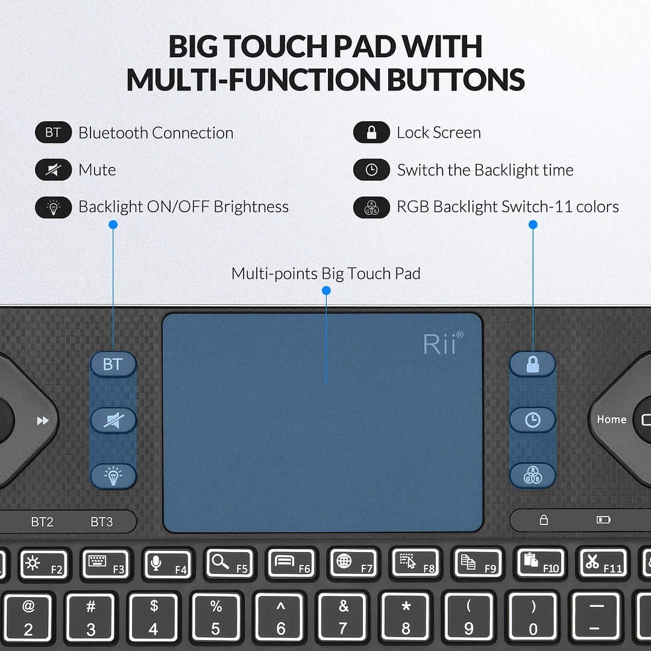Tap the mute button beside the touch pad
click(x=113, y=421)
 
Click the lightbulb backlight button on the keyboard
click(x=113, y=476)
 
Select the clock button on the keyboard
click(x=532, y=420)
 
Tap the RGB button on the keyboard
click(x=532, y=476)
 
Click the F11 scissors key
click(x=601, y=564)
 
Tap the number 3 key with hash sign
click(x=90, y=618)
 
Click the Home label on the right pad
click(x=612, y=420)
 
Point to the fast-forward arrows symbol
click(x=43, y=421)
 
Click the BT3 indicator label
click(x=102, y=522)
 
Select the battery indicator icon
click(x=603, y=520)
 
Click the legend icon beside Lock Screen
click(x=371, y=133)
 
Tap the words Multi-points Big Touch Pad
click(x=325, y=274)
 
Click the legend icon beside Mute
click(x=53, y=170)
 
